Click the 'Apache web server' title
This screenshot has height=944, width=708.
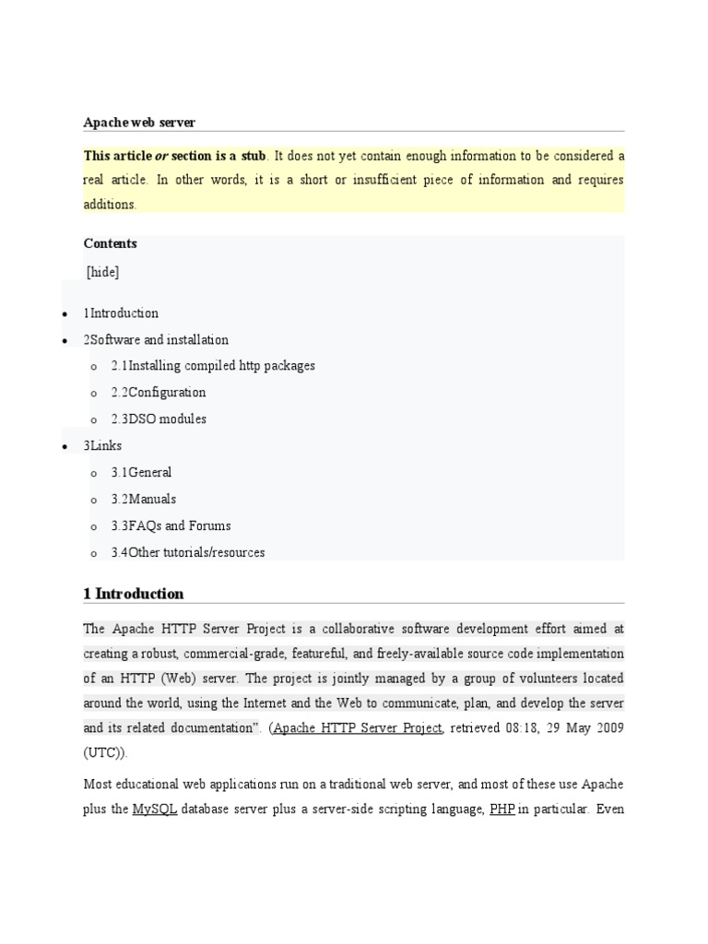pos(139,122)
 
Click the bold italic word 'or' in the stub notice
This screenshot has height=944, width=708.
pos(147,155)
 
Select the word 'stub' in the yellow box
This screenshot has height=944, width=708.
pos(248,155)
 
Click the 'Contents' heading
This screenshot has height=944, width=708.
pos(110,243)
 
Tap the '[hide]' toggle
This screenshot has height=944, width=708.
pos(102,272)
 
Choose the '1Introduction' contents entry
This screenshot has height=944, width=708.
pos(121,313)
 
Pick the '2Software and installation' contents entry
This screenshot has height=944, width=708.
pos(156,340)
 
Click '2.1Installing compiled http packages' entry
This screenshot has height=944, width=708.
pos(213,366)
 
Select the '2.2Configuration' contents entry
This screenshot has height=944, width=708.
pos(159,393)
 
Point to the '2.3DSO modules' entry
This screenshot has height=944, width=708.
pos(159,419)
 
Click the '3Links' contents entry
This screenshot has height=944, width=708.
pos(102,446)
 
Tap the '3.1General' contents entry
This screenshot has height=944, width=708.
pos(141,473)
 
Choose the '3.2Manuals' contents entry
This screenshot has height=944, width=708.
pos(144,500)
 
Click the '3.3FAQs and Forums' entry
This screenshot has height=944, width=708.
pos(171,526)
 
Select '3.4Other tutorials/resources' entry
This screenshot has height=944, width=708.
pos(188,553)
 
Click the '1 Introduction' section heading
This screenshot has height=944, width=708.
pos(134,594)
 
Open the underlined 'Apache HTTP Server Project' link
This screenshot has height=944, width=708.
pos(359,728)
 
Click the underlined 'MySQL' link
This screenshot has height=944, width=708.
pos(154,809)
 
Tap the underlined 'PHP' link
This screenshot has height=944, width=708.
pos(501,809)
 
